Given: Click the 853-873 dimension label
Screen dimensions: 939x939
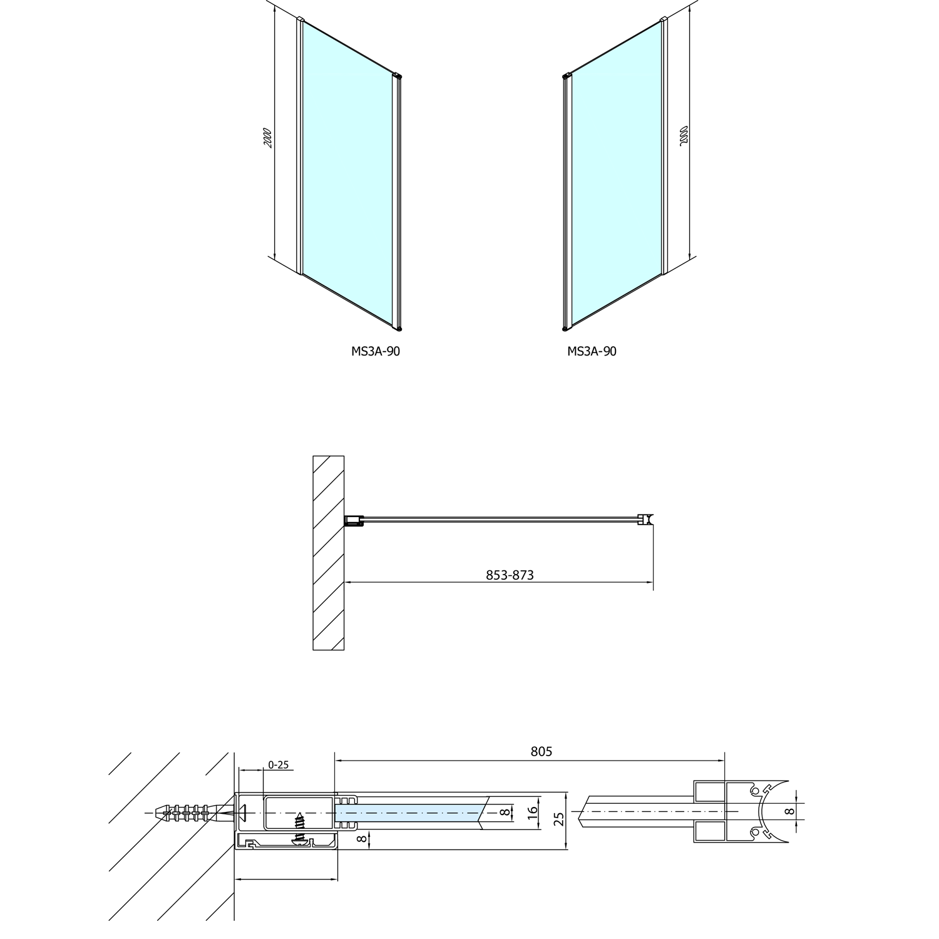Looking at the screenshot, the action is [x=510, y=575].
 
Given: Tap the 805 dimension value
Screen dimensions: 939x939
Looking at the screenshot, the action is [x=541, y=751].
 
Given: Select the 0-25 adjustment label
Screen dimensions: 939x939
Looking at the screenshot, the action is [x=278, y=765].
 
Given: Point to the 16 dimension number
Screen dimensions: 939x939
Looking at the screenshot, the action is [x=533, y=813].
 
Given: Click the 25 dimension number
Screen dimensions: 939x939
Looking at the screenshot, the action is [x=560, y=818].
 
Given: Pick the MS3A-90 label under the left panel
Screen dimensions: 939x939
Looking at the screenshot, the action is [x=376, y=351].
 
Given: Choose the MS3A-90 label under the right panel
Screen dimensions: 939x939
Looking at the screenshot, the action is [x=592, y=351].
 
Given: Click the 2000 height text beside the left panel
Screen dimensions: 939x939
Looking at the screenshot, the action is [x=267, y=138].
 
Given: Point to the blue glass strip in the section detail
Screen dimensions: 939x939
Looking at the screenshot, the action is [x=407, y=813].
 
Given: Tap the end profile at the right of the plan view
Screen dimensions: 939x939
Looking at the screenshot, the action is [x=645, y=519].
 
